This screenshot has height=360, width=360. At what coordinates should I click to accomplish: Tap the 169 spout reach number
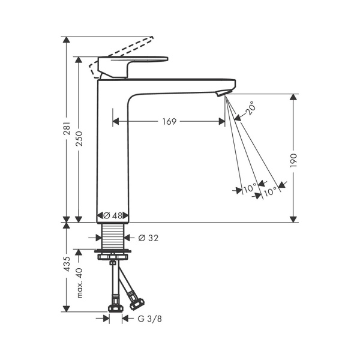169,122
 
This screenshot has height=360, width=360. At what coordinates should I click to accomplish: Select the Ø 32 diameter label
148,238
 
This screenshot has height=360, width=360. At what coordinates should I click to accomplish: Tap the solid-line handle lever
135,61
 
